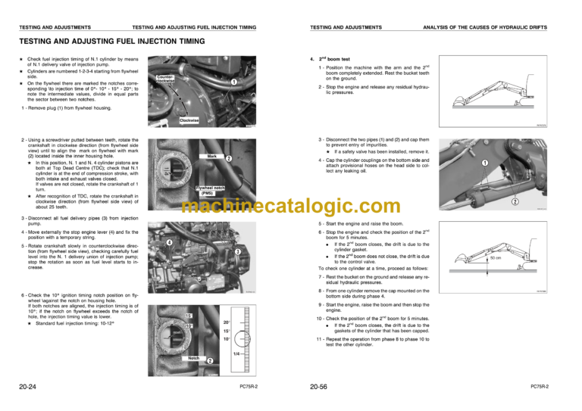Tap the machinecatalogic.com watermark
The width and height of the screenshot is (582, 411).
tap(292, 206)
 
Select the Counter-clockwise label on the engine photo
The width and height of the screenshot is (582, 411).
tap(166, 78)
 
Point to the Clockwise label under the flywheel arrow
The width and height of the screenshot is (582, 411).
tap(189, 120)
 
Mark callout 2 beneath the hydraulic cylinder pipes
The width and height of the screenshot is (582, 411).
tap(535, 202)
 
